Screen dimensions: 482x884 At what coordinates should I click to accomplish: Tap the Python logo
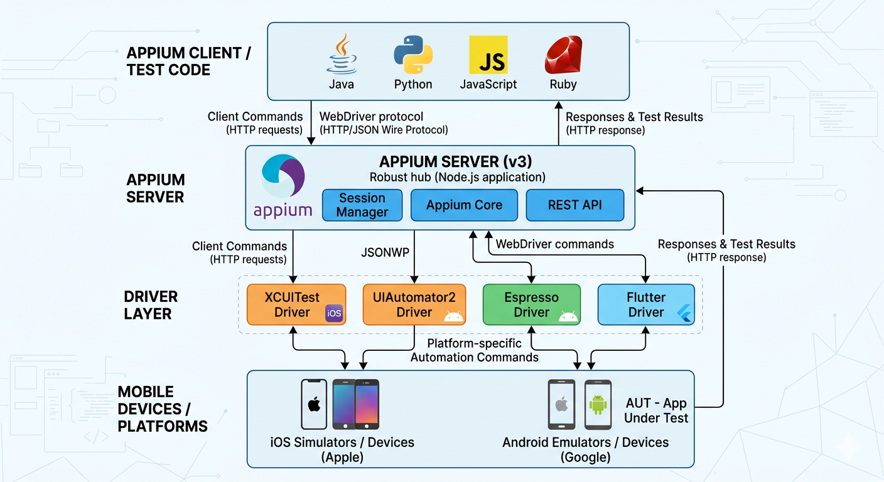[x=412, y=55]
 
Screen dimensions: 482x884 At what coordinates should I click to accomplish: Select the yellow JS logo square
[x=488, y=55]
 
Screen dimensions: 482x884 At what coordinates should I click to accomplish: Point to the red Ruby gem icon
[x=563, y=55]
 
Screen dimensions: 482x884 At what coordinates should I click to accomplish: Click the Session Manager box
[x=362, y=205]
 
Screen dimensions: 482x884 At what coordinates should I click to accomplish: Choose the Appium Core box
[x=464, y=205]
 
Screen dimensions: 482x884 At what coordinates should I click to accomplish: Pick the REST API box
[x=574, y=205]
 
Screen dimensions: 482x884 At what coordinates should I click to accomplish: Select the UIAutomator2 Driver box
[x=414, y=304]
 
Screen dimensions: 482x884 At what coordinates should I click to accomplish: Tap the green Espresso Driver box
[x=531, y=304]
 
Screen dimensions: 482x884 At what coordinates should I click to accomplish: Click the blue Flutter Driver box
[x=645, y=304]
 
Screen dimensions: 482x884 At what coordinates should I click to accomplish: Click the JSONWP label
[x=386, y=252]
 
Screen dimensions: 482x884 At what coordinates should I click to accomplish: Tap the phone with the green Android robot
[x=598, y=404]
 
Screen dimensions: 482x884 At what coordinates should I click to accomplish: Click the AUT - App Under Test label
[x=656, y=410]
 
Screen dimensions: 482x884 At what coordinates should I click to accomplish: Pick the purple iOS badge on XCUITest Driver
[x=334, y=313]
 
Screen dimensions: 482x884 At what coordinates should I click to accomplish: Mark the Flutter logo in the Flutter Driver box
[x=685, y=313]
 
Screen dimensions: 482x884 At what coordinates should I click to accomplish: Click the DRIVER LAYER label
[x=151, y=305]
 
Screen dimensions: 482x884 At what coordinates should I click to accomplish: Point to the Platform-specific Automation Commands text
[x=474, y=350]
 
